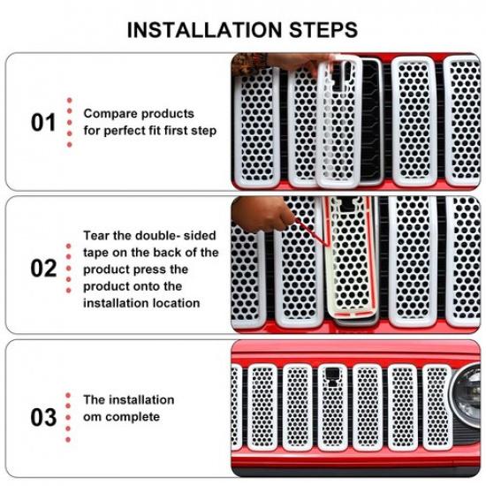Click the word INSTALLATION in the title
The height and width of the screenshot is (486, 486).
tap(204, 30)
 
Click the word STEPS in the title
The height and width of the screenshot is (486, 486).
tap(323, 30)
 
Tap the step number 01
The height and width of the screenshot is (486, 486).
tap(43, 123)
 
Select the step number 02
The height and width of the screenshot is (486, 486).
tap(43, 268)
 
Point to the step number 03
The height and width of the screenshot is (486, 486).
tap(43, 417)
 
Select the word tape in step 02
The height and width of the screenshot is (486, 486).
tap(96, 253)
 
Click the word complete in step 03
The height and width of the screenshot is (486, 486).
tap(133, 417)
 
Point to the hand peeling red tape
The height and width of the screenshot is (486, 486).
tap(261, 214)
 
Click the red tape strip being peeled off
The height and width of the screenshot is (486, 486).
tap(312, 232)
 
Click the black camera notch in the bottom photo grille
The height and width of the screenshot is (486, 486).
tap(332, 376)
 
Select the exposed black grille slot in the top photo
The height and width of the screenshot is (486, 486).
tap(371, 123)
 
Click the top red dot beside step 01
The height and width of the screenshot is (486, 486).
tap(70, 101)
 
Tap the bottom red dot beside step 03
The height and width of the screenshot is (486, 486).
tap(68, 439)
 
